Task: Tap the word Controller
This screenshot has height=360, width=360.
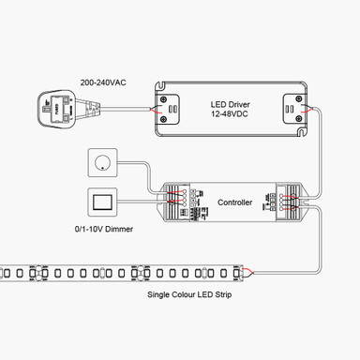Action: pyautogui.click(x=234, y=202)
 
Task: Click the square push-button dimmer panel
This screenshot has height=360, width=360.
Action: pyautogui.click(x=101, y=202)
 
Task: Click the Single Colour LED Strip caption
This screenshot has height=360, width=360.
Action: pyautogui.click(x=188, y=294)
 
